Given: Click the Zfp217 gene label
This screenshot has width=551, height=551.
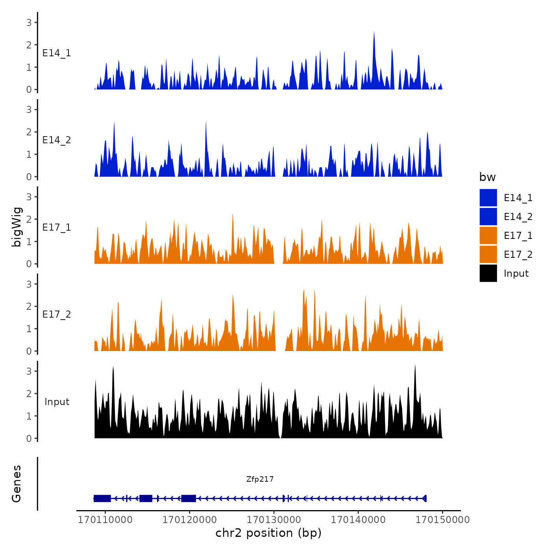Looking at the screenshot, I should click(260, 479).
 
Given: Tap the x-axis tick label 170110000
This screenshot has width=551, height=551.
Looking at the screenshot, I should click(105, 520).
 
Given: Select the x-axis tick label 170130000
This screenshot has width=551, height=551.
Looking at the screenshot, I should click(274, 520).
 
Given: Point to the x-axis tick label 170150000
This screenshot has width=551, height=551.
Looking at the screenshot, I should click(442, 520).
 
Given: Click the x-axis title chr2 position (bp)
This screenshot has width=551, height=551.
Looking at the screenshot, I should click(268, 533).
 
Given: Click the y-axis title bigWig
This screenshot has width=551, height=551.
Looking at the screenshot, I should click(17, 227).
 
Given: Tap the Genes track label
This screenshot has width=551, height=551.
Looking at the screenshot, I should click(17, 484).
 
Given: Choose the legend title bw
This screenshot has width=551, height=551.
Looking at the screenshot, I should click(487, 177).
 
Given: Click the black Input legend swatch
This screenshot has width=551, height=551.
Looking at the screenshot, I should click(488, 273).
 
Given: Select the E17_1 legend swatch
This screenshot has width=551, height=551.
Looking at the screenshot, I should click(488, 235).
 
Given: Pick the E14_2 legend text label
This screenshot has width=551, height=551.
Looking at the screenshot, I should click(518, 216).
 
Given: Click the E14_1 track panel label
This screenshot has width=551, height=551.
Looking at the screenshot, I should click(57, 53).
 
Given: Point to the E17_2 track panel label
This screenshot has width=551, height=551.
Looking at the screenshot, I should click(57, 314).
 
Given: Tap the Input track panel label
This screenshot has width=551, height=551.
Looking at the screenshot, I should click(57, 402).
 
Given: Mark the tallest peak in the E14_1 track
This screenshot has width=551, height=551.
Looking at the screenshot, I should click(374, 33).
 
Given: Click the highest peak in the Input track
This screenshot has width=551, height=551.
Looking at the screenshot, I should click(415, 366).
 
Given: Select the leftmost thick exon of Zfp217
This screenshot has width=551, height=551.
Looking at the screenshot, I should click(102, 498).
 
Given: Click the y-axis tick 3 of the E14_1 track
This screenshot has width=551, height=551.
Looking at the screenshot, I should click(29, 22).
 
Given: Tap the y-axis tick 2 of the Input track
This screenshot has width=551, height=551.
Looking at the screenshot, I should click(29, 394).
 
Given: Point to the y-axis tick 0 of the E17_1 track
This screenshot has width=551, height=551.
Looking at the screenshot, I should click(29, 264).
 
